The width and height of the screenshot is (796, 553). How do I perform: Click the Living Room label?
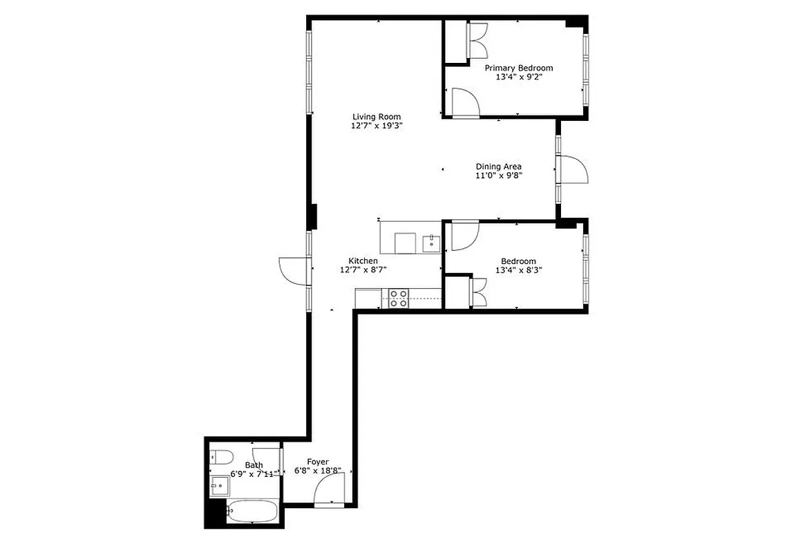tap(376, 117)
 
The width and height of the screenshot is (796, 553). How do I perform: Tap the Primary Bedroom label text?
tap(518, 68)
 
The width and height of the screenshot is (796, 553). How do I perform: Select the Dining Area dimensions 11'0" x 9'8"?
tap(498, 176)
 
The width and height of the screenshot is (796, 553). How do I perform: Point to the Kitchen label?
tap(363, 261)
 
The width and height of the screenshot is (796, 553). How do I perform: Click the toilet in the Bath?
tap(221, 456)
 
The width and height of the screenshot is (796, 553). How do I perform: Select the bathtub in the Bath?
tap(252, 512)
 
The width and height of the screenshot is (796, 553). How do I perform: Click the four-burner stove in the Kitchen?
tap(398, 298)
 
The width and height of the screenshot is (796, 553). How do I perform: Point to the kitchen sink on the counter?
tap(431, 243)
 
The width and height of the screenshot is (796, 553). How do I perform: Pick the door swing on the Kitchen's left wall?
tap(293, 270)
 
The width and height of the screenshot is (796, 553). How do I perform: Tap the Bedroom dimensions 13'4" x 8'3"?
tap(518, 270)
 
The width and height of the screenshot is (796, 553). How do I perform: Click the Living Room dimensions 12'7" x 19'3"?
tap(376, 126)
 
